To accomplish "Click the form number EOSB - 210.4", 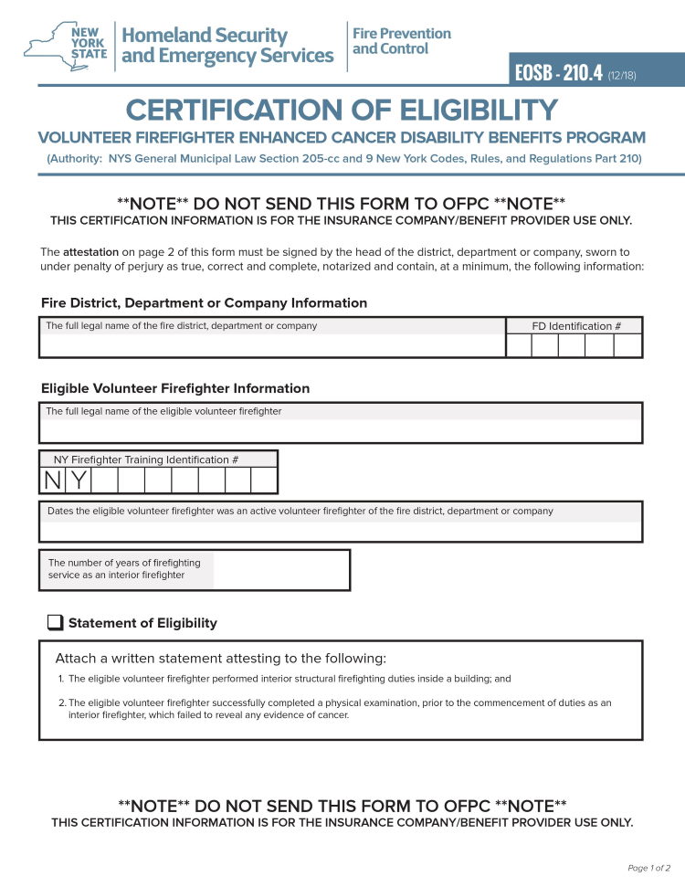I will [558, 73].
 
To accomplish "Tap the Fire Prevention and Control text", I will [402, 41].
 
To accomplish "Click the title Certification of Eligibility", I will [342, 111].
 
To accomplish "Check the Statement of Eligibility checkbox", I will [55, 623].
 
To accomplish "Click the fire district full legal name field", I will [272, 345].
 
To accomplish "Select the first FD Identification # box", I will [519, 345].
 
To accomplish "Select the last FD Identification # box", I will [627, 345].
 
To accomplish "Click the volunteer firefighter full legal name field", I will [340, 430].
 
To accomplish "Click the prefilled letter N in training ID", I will [52, 480].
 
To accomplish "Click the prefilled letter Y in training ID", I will [79, 480].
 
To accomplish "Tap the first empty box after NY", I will [105, 480].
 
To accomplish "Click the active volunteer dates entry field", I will [340, 531].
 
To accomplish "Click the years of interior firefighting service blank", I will [280, 570].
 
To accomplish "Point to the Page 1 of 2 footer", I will [648, 868].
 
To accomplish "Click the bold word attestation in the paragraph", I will [90, 251].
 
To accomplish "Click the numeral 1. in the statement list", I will [60, 679].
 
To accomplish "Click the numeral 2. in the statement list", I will [60, 702].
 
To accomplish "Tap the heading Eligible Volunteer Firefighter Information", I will [175, 388].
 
